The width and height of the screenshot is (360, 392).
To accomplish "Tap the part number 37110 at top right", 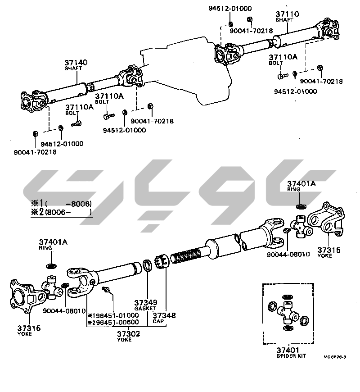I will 287,14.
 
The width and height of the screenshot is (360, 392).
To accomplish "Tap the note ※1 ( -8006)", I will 61,203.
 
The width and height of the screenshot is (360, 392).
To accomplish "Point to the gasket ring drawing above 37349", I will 147,265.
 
